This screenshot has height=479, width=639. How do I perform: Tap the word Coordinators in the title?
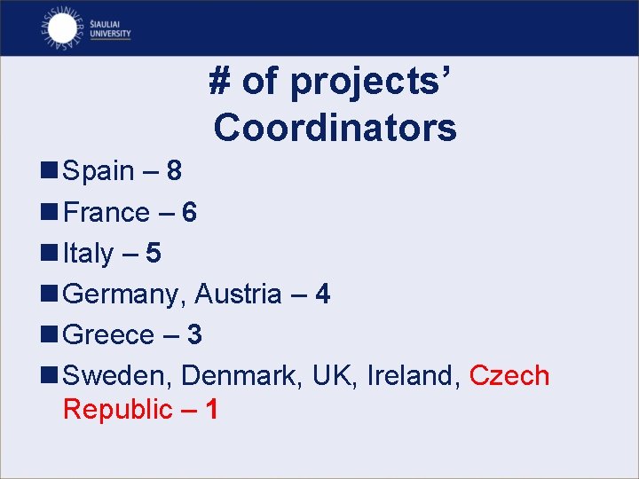(335, 128)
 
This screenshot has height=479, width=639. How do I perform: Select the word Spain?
(99, 170)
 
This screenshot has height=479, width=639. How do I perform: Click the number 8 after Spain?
(173, 170)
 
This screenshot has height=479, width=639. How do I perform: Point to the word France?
(106, 212)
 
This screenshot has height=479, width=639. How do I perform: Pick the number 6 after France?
(188, 212)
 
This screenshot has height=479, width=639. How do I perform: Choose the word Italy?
(88, 254)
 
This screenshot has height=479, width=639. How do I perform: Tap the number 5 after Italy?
(154, 254)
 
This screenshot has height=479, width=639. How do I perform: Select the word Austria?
(238, 294)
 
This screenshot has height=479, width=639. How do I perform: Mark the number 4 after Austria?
(322, 294)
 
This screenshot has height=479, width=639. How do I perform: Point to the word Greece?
(109, 334)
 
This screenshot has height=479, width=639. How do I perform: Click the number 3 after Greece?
(194, 334)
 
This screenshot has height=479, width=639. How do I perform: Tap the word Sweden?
(118, 375)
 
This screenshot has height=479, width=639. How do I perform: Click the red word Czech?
(509, 375)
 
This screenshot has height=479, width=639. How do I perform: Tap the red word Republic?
(117, 409)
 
